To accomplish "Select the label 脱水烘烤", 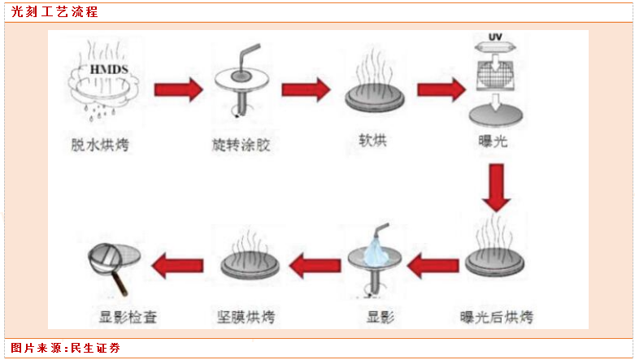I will pyautogui.click(x=99, y=146).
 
